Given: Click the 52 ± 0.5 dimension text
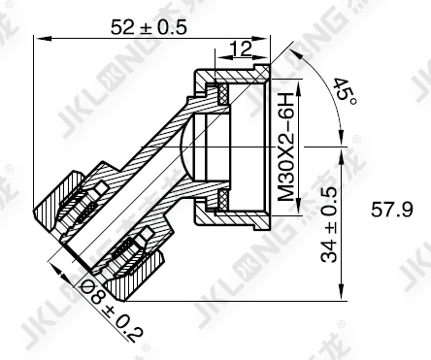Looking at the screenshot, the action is (x=149, y=27).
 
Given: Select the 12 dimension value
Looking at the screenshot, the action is (x=240, y=49).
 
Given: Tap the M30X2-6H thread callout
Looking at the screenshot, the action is (x=285, y=147).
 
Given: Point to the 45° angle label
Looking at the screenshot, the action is (x=345, y=90).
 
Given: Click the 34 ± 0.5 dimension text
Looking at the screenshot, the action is (x=329, y=224).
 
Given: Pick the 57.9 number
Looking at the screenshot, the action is (x=392, y=209).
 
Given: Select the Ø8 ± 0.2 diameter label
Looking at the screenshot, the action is (x=111, y=311).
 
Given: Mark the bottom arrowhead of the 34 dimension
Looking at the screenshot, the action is (x=341, y=292).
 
